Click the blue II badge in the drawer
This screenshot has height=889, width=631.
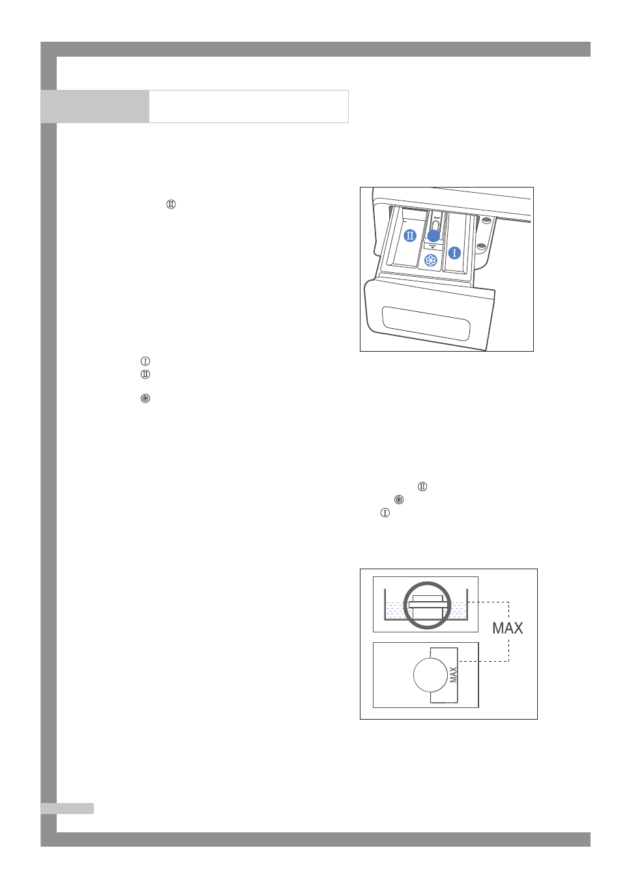410,236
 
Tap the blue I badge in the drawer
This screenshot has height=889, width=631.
455,253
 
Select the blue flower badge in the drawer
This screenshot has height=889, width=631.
431,261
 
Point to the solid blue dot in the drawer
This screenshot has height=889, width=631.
433,236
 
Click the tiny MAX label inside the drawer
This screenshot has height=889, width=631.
433,246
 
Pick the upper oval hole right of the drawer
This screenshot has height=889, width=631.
486,221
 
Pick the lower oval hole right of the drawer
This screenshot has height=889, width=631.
481,246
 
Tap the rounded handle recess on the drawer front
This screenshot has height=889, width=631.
426,323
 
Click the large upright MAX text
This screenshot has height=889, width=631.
508,628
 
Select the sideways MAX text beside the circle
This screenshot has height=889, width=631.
454,675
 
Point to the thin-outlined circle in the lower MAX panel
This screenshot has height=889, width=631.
430,675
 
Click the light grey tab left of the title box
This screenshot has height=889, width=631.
95,106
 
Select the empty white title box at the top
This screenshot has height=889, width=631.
248,106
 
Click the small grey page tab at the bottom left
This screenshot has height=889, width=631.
67,808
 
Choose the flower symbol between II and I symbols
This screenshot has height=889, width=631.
399,500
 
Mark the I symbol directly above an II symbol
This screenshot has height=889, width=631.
145,361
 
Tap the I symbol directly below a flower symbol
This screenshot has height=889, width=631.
385,513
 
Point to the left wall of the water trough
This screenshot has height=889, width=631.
385,605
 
